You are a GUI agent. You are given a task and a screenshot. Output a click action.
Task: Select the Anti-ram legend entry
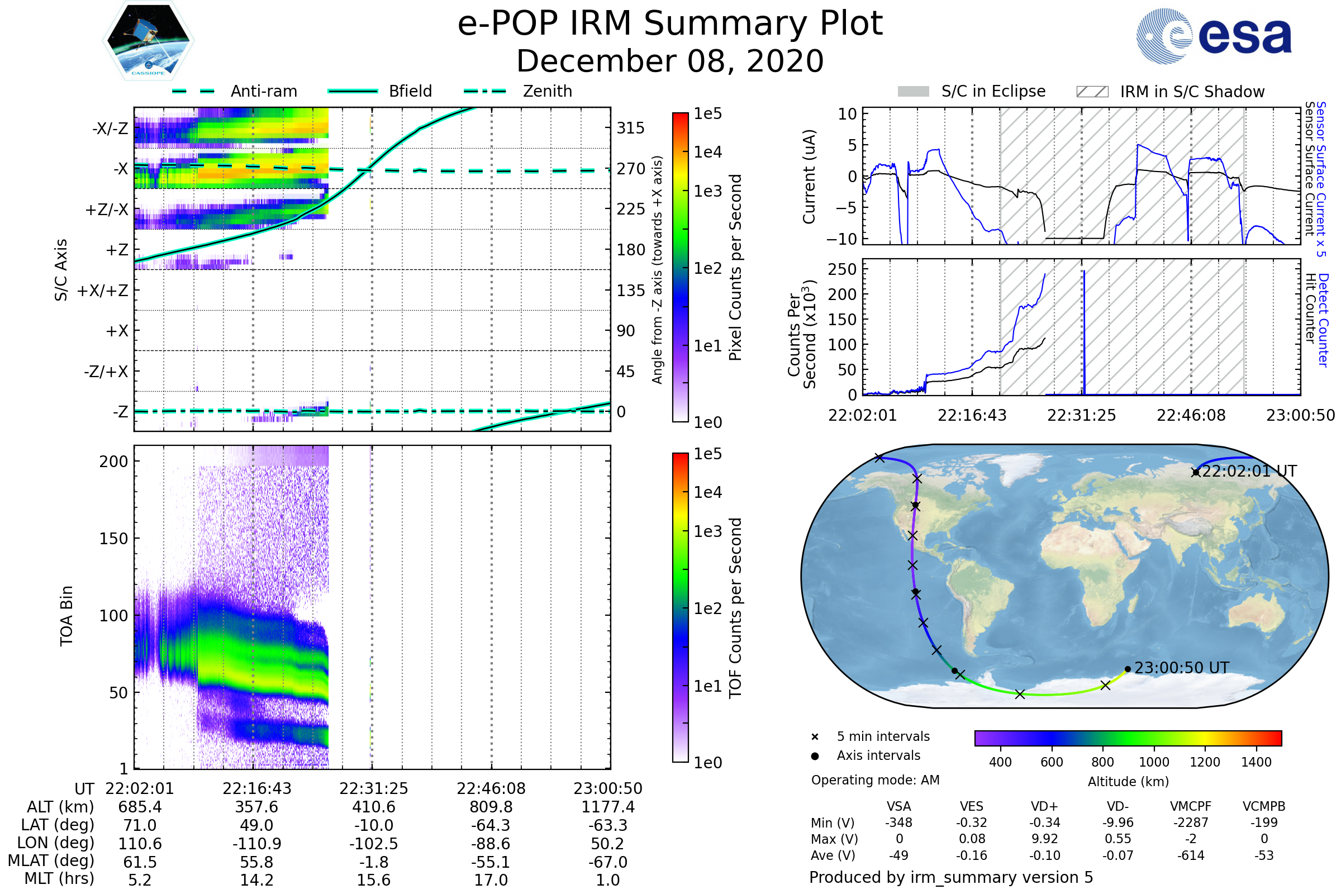(x=263, y=91)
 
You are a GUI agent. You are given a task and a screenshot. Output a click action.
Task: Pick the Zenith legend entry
(x=547, y=91)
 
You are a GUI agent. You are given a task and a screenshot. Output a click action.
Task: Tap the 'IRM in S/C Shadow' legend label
(x=1192, y=92)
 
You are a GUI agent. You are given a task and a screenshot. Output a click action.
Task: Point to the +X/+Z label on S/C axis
(x=103, y=291)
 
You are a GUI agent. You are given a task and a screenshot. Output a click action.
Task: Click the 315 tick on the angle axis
(x=630, y=128)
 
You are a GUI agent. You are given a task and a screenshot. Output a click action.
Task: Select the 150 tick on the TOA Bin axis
(x=113, y=538)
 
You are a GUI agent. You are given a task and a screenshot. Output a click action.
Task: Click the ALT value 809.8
(x=491, y=807)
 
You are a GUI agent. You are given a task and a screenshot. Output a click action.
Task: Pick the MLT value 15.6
(x=373, y=879)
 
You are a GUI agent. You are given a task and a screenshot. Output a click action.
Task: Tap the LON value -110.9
(x=256, y=843)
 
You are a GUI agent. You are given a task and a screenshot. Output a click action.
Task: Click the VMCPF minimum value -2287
(x=1191, y=822)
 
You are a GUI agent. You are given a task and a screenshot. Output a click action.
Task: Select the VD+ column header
(x=1044, y=806)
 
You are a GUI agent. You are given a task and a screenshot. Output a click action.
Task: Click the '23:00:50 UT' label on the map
(x=1181, y=668)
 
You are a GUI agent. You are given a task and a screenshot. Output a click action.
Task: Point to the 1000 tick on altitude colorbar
(x=1153, y=762)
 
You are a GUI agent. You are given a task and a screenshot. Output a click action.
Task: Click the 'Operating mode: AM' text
(x=875, y=780)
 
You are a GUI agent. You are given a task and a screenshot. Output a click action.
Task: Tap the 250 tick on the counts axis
(x=842, y=269)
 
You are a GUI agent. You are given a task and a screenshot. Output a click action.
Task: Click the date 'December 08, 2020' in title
(x=670, y=61)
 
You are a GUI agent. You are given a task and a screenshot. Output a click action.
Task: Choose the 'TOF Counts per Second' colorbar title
(x=735, y=608)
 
